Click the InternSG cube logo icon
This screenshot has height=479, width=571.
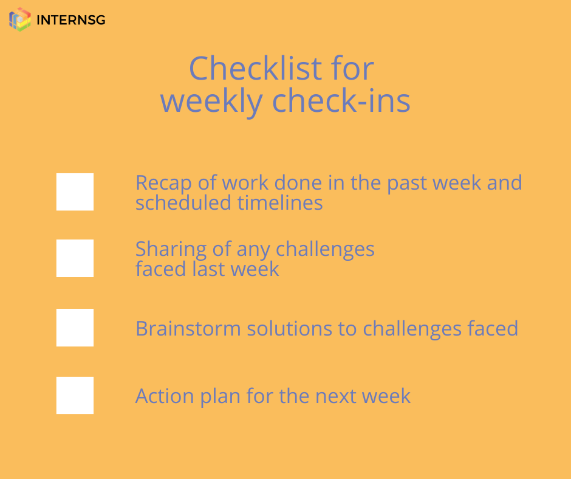point(20,19)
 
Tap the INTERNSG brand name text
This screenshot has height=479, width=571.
point(71,20)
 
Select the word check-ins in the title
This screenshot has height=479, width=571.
point(341,101)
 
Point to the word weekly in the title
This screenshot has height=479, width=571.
point(211,102)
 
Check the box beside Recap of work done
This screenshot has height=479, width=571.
point(75,191)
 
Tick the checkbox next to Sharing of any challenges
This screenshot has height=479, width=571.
point(75,258)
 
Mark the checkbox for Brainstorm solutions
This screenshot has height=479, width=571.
point(75,328)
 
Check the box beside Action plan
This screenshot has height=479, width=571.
point(75,395)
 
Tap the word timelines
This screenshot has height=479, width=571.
point(280,202)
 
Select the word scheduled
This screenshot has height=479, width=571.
point(183,202)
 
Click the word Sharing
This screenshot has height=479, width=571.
point(171,250)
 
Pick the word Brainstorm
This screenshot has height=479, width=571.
point(188,328)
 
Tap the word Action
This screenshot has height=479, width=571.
point(165,396)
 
